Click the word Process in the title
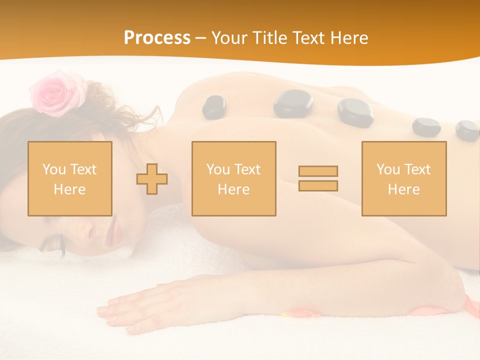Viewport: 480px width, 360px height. pos(157,38)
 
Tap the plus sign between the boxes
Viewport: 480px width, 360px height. pos(152,179)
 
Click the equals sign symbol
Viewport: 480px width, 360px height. pos(318,178)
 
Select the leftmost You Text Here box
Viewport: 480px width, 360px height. pos(70,178)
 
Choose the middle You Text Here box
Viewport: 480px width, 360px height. pos(234,178)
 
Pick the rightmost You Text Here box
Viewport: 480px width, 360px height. pos(404,178)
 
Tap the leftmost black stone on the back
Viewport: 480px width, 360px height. pos(214,106)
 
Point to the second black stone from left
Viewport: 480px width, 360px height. pos(293,103)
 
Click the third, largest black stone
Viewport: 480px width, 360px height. pos(355,111)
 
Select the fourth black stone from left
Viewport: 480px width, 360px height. pos(426,127)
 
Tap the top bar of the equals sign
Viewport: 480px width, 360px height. pos(318,171)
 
